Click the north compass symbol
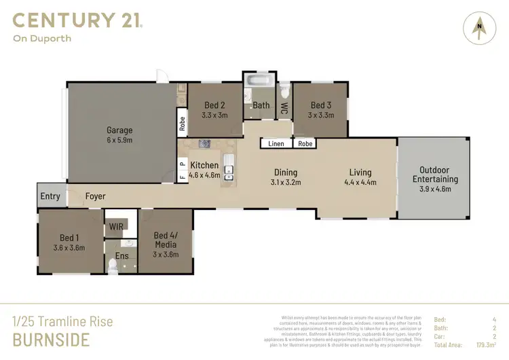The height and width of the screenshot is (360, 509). [x=480, y=28]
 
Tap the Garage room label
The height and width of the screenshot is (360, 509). [x=119, y=130]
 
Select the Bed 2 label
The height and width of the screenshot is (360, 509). [x=214, y=105]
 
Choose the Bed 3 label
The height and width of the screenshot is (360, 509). [x=321, y=105]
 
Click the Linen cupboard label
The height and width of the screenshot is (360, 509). [x=276, y=144]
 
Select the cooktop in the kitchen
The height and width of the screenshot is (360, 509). [x=204, y=143]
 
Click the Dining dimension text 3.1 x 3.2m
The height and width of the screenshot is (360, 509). [x=286, y=182]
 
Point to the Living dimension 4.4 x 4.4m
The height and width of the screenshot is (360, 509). [x=360, y=182]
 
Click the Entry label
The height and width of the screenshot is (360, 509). [x=50, y=196]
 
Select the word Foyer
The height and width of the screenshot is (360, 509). [x=95, y=196]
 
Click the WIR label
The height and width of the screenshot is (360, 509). [x=115, y=229]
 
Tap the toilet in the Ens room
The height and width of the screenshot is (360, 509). [x=113, y=266]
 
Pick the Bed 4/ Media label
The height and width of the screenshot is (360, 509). [x=165, y=240]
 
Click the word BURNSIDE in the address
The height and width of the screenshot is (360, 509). [x=51, y=339]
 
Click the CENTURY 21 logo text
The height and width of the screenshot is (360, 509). [x=77, y=20]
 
